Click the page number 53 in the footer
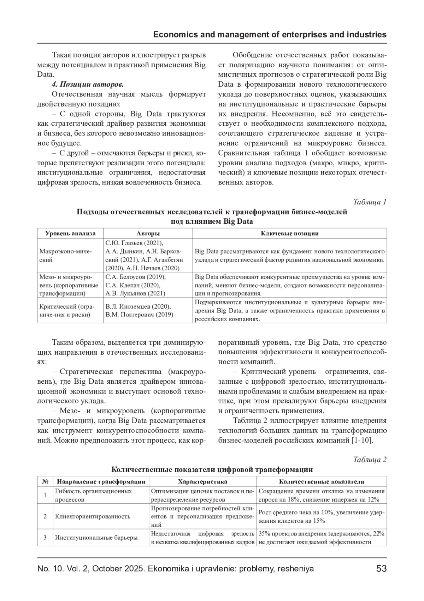(x=381, y=569)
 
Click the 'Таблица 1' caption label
(x=370, y=202)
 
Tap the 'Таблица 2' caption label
(x=370, y=459)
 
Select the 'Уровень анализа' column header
(x=70, y=233)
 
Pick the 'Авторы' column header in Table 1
(x=148, y=233)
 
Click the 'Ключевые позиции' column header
(x=289, y=233)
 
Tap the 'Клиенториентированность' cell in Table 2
(x=93, y=516)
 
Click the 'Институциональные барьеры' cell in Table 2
(x=96, y=537)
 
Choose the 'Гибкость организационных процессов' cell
(x=93, y=495)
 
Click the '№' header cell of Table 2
(x=45, y=481)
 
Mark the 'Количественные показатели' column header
(x=321, y=481)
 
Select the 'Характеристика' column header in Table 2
(x=202, y=481)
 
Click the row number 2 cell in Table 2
(x=45, y=516)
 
